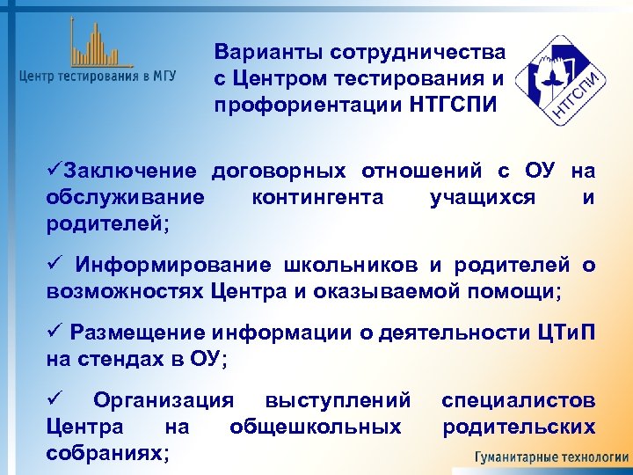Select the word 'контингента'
[x=317, y=197]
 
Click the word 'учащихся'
[x=483, y=197]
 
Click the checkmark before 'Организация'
[x=53, y=400]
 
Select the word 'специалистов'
[x=518, y=400]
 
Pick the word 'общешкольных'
[x=316, y=427]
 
